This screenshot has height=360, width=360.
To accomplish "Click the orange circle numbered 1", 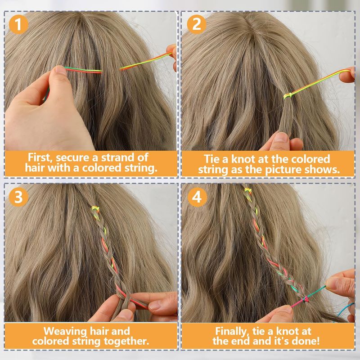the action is pos(18,24).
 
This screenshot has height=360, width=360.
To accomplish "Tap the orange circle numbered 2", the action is pos(197,24).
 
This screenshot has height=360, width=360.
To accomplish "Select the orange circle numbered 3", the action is pos(18,197).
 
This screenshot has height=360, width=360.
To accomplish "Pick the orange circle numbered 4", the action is pos(197,197).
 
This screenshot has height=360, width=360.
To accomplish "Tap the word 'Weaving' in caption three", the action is pos(65,332).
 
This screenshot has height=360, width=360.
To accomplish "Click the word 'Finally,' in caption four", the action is pos(232,332).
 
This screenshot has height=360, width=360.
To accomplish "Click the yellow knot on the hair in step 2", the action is pos(288,95).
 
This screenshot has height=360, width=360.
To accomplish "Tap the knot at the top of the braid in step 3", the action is pos(96,209).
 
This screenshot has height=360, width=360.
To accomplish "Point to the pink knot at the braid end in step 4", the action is pos(305,299).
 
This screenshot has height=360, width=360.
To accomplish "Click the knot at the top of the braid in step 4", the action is pos(247,190).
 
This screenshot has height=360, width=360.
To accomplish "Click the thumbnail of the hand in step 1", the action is pos(61,70).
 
